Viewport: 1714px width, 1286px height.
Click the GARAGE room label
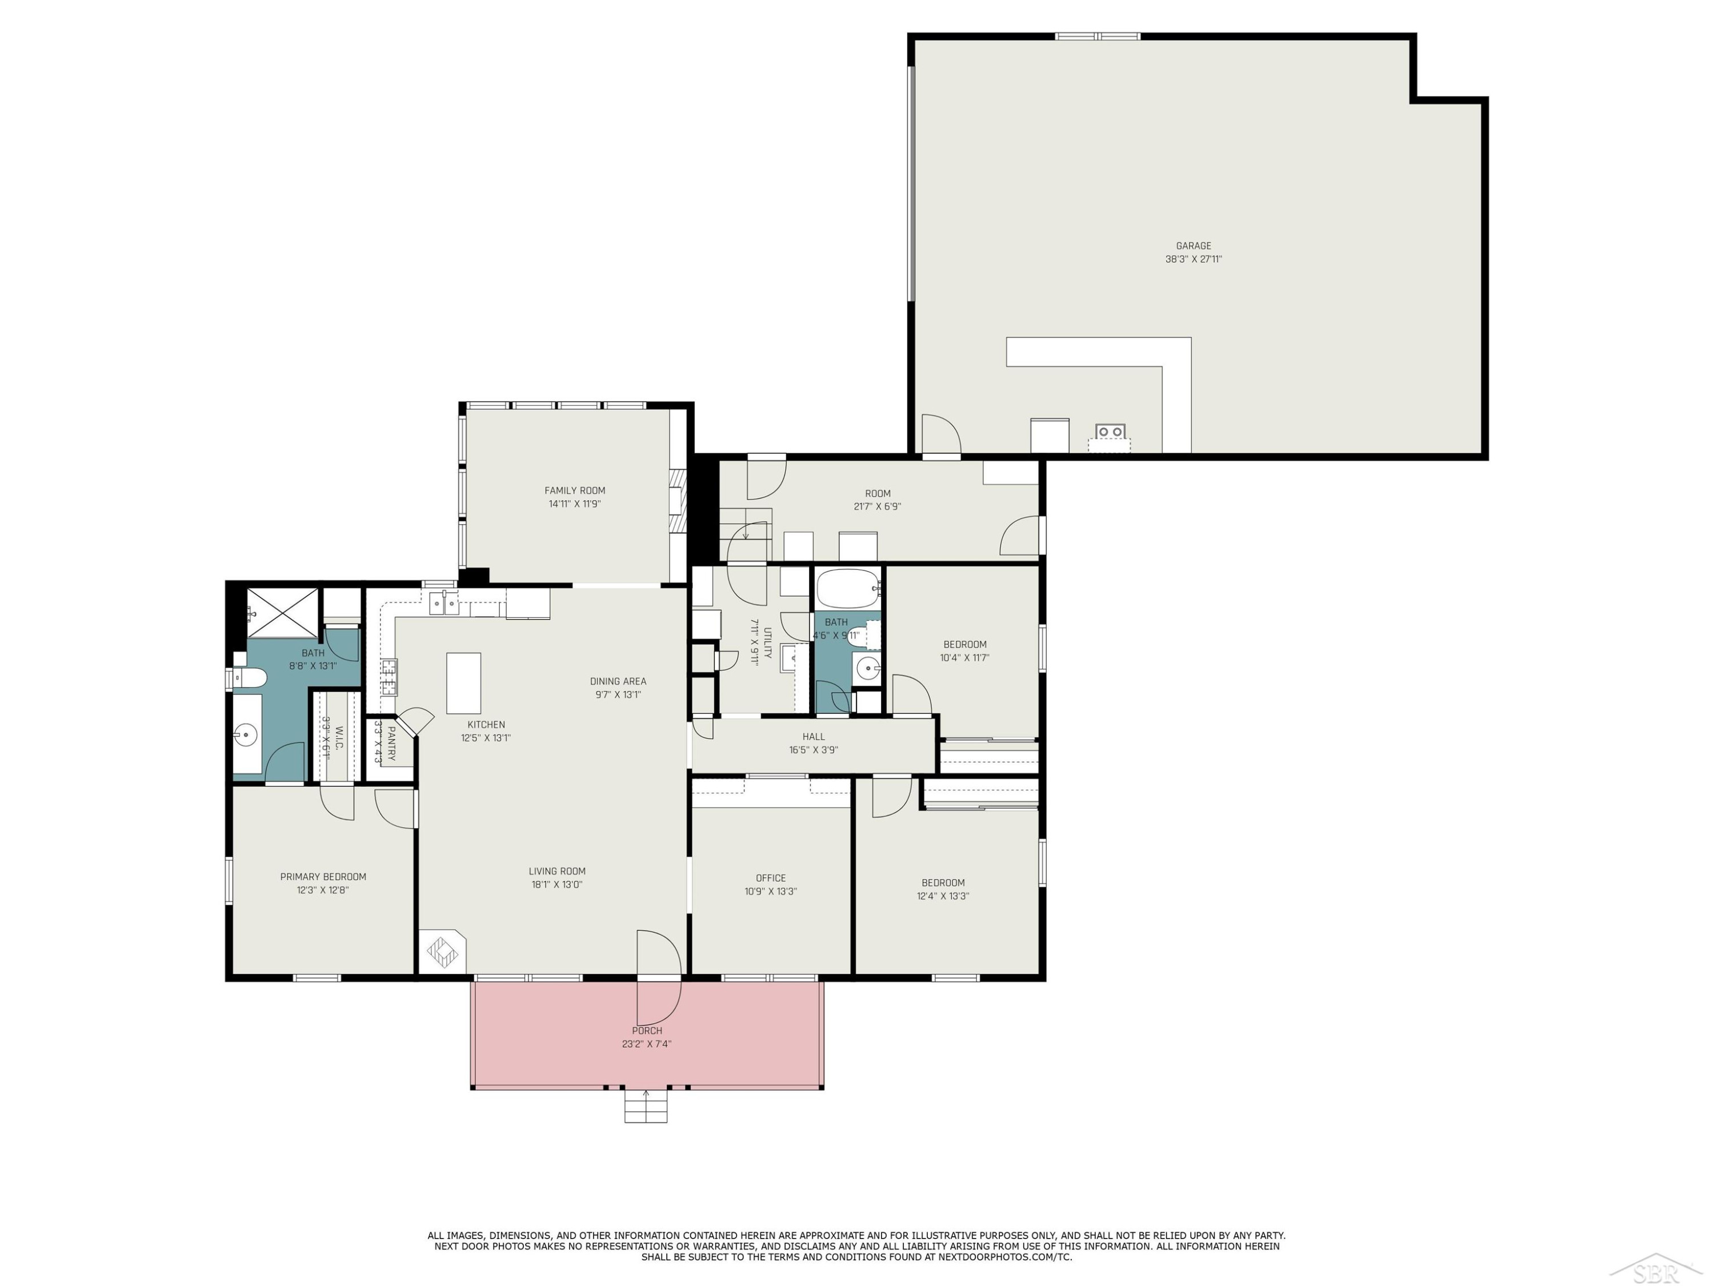[1194, 246]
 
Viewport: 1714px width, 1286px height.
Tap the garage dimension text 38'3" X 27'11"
[1194, 259]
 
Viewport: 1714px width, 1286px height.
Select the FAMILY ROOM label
[575, 490]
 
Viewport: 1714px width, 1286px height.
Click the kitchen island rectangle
[463, 683]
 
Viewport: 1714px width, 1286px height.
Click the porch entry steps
[646, 1106]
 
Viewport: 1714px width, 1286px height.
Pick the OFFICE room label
[771, 878]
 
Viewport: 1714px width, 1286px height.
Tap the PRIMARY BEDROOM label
[323, 877]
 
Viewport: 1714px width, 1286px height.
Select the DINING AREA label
[618, 681]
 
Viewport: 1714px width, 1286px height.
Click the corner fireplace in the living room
[443, 951]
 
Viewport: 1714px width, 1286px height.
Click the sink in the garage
[1110, 432]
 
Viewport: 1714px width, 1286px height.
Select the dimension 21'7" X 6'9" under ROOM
[877, 506]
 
